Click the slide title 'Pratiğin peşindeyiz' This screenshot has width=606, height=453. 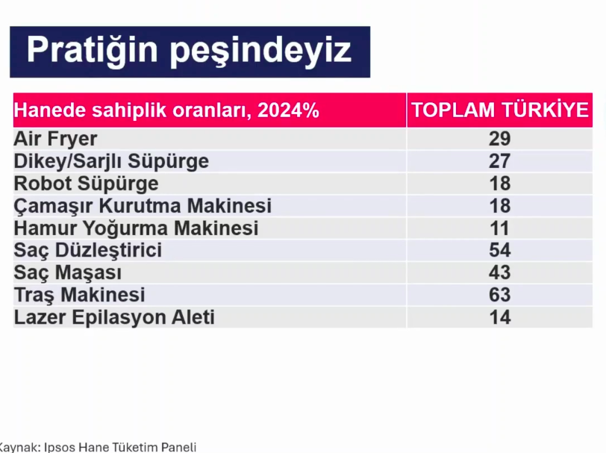click(189, 51)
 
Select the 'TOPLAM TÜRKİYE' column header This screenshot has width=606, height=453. click(500, 110)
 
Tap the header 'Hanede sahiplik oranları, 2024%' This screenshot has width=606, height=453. click(166, 110)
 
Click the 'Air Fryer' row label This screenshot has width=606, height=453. click(55, 139)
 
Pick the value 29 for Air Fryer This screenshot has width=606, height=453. click(500, 139)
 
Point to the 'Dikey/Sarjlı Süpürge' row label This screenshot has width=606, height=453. click(111, 161)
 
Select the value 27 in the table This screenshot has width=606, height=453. click(500, 161)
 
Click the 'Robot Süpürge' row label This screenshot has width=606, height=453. click(86, 184)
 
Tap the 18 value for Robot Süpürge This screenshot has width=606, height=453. click(500, 184)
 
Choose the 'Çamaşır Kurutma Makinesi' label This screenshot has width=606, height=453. click(143, 206)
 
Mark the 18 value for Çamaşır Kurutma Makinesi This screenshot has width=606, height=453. click(500, 206)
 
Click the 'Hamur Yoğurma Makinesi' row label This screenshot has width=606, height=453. click(136, 228)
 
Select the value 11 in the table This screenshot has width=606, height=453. click(500, 228)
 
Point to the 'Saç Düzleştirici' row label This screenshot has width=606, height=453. click(88, 250)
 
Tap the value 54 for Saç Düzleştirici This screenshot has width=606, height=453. click(500, 251)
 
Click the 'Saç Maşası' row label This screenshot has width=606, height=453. click(68, 272)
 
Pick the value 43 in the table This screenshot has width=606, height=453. click(500, 273)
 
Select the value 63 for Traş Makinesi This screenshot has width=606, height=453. click(500, 296)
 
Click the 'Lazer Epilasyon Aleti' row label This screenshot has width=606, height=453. click(114, 317)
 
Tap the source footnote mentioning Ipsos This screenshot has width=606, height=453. click(97, 447)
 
